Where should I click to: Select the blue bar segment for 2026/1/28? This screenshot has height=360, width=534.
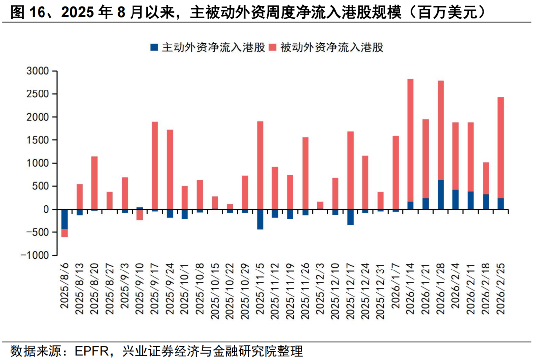(x=441, y=194)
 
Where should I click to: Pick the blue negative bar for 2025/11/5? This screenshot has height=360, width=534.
(x=260, y=219)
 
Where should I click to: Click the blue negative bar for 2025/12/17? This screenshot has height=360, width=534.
(x=350, y=217)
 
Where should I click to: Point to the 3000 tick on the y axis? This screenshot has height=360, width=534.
(x=38, y=71)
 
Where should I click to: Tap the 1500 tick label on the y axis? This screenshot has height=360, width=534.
(x=38, y=140)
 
